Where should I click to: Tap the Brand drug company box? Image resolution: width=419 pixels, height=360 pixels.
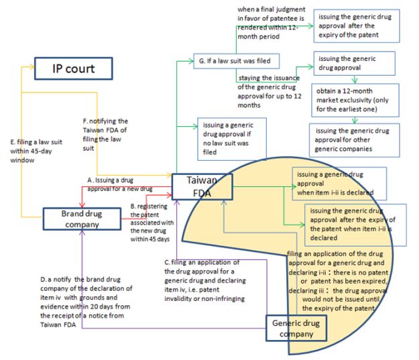(x=82, y=219)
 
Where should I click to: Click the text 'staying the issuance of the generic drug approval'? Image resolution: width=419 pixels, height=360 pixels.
(x=268, y=92)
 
